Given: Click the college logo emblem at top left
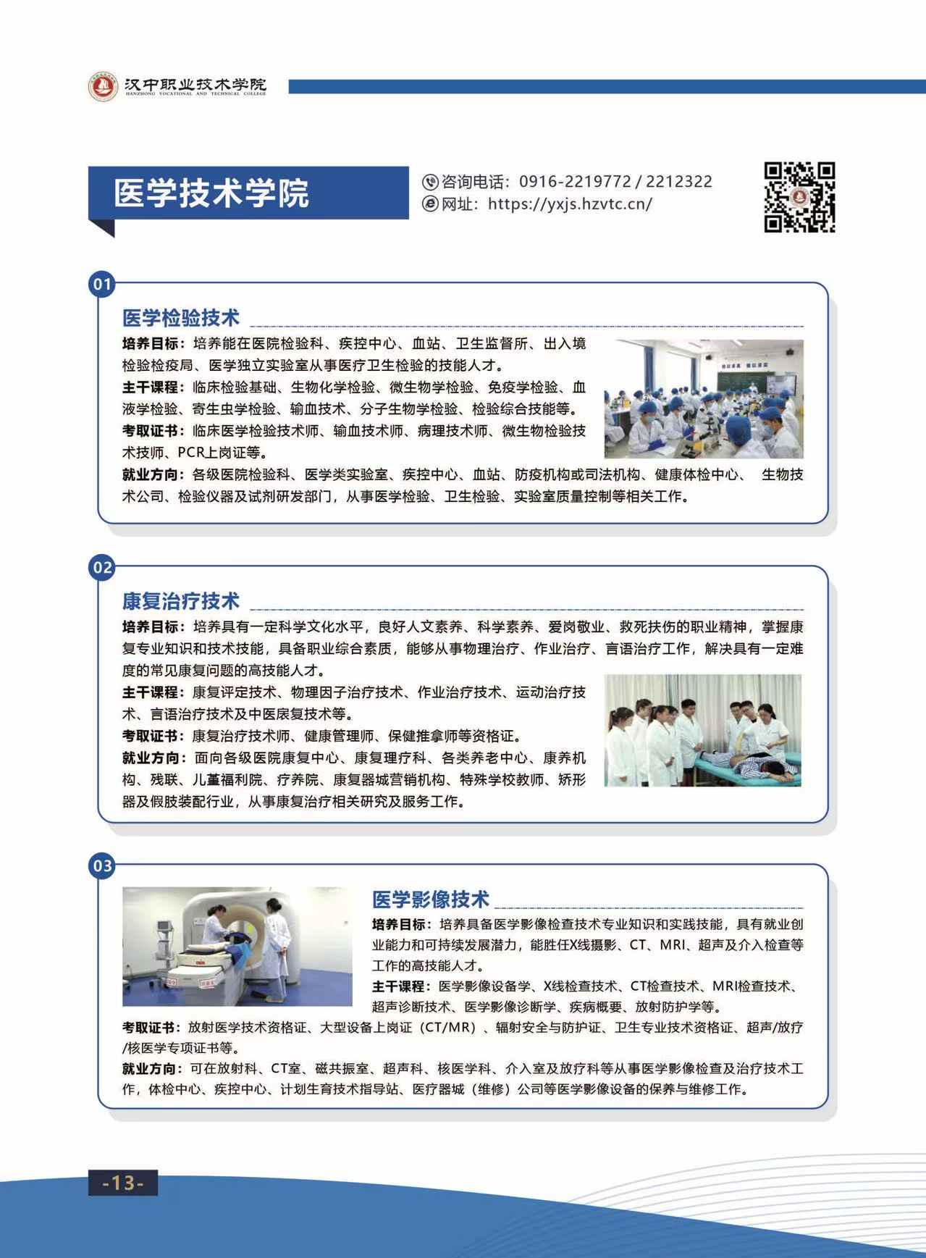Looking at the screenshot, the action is (x=103, y=87).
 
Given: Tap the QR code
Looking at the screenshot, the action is (x=800, y=197).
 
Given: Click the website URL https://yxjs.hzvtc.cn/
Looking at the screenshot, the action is (x=570, y=204).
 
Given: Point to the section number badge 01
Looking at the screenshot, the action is (x=102, y=283).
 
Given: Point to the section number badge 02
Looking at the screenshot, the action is (x=102, y=567).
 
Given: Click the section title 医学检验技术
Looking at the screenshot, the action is (x=181, y=318).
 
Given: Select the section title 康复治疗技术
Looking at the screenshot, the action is (x=181, y=601).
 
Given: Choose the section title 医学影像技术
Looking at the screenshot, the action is (x=431, y=900).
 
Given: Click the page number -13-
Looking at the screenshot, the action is (x=123, y=1182).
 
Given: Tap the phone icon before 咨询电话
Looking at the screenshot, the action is (x=430, y=182).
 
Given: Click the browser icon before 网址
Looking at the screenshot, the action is (x=430, y=204).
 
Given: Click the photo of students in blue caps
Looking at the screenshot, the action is (x=704, y=399).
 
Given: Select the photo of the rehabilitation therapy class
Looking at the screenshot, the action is (x=703, y=730).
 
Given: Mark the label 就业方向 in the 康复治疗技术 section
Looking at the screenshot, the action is (x=150, y=758).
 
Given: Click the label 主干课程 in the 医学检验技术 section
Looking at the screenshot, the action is (x=150, y=387).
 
